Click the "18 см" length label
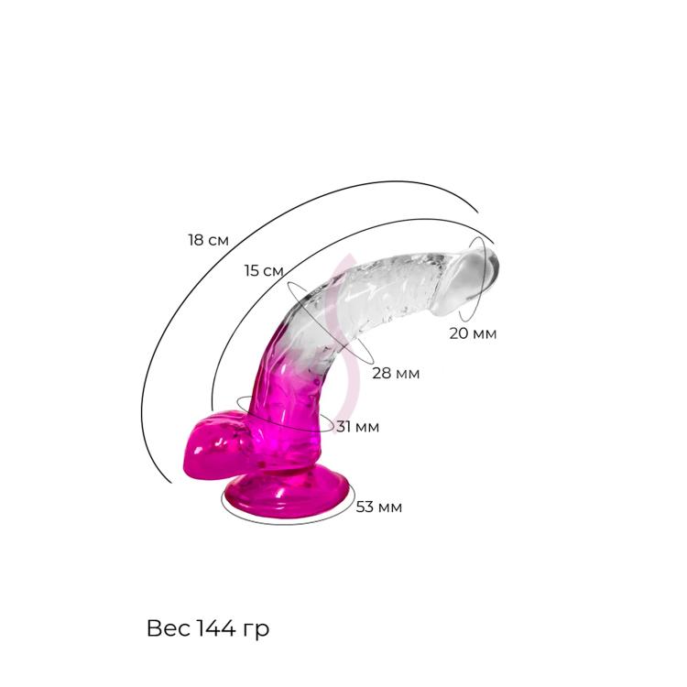point(209,240)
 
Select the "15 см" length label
point(264,271)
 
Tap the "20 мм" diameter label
point(473,333)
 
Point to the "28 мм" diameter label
point(396,374)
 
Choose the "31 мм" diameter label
point(357,427)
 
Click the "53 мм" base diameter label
point(379,507)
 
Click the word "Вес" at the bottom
point(169,628)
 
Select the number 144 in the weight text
point(215,628)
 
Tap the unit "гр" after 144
point(256,631)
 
